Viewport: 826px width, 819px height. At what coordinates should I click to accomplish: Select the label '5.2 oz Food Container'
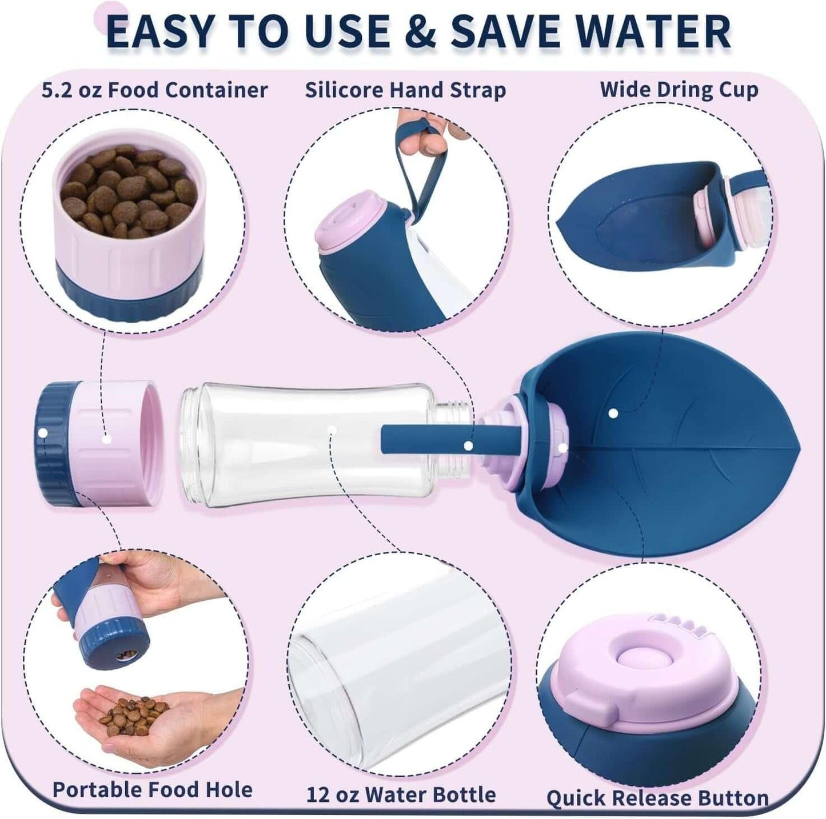click(x=155, y=90)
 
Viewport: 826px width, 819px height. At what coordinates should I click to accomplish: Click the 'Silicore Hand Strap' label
click(x=405, y=91)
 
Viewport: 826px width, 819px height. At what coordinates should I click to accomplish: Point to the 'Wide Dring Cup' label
click(x=679, y=90)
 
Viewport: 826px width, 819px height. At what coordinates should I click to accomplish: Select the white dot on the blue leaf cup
click(x=613, y=413)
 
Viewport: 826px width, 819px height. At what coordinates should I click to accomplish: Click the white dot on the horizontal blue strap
click(x=468, y=446)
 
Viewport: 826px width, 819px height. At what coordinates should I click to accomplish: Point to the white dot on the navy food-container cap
click(x=43, y=433)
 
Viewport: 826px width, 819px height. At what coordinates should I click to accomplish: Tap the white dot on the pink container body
click(x=107, y=439)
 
